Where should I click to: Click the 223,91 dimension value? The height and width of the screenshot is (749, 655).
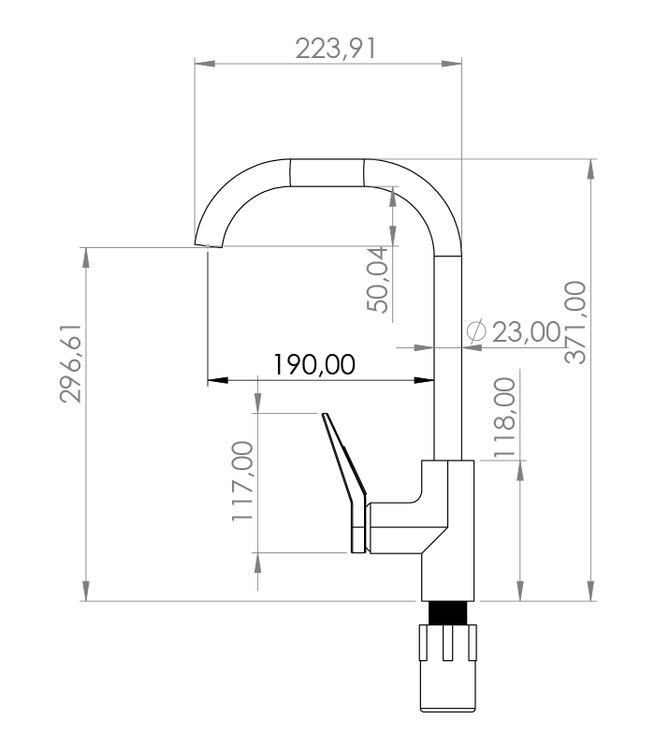click(x=336, y=49)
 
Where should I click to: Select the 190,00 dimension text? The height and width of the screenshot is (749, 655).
click(x=314, y=364)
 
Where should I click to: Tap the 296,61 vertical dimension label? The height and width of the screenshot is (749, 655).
click(x=71, y=364)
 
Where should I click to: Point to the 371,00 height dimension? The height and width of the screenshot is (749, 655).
click(x=575, y=322)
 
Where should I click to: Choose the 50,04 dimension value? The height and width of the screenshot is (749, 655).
click(x=378, y=279)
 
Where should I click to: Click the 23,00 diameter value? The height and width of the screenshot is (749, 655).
click(x=526, y=332)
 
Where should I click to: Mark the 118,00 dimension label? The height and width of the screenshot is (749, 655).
click(x=504, y=418)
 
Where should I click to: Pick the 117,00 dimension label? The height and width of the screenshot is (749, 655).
click(x=242, y=480)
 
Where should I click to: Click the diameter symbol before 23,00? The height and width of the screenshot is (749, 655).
click(x=476, y=331)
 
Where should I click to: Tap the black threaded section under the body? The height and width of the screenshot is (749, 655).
click(x=447, y=613)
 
